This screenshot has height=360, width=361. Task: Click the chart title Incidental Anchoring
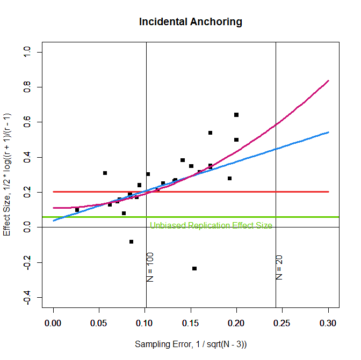191,22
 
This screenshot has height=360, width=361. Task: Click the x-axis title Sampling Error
191,343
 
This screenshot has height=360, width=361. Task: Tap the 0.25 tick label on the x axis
283,323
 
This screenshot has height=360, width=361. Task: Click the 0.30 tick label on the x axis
328,323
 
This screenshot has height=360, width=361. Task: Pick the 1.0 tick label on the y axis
26,52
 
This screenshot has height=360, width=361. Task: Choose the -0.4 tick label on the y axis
26,298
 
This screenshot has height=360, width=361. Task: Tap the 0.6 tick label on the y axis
26,122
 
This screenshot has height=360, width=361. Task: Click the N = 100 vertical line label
150,267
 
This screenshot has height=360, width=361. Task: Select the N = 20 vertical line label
279,267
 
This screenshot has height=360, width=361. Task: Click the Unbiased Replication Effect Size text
211,225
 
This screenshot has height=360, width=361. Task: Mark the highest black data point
236,115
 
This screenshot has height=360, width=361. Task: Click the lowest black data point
194,268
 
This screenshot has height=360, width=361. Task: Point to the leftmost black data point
77,210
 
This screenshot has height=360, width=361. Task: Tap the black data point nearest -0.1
131,241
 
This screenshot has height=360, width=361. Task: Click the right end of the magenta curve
328,80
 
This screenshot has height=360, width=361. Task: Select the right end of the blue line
328,132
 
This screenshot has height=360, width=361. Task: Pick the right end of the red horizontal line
328,192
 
